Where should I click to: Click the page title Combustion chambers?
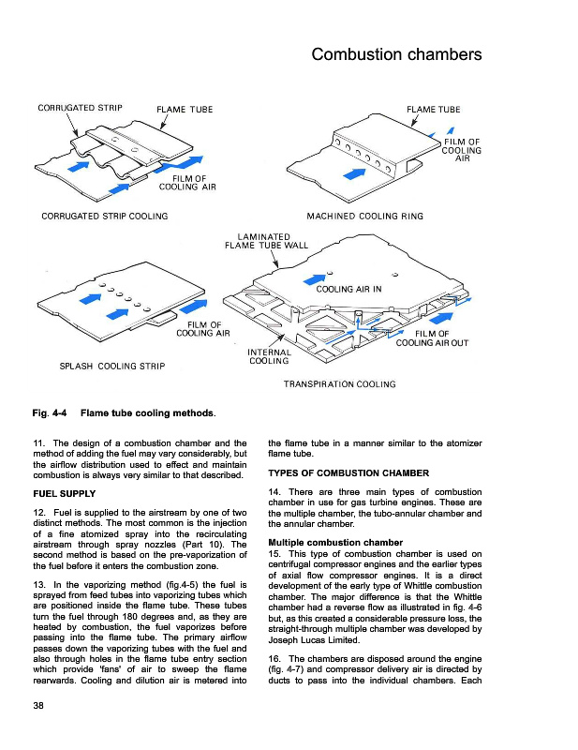[396, 54]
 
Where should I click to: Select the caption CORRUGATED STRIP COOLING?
[105, 217]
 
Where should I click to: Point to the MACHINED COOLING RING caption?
[371, 217]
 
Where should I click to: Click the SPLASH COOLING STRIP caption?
[112, 366]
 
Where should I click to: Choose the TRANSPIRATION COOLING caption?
[339, 384]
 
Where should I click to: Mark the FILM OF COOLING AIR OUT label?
[432, 338]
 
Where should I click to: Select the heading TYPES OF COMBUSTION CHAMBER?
[348, 472]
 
